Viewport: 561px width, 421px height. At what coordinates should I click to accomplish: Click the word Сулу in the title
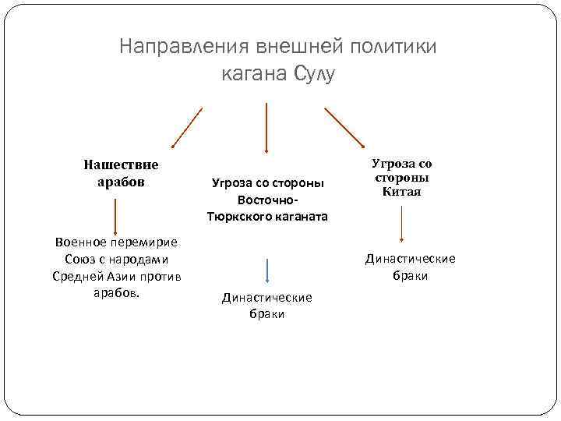tap(314, 75)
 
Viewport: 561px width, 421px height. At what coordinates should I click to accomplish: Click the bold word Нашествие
tap(121, 165)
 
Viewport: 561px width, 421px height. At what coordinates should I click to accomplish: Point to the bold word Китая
tap(402, 192)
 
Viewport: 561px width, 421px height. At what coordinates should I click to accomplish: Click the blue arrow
tap(267, 270)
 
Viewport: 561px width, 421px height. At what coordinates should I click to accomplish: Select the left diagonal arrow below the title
tap(187, 127)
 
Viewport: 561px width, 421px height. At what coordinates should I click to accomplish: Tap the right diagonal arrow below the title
tap(344, 126)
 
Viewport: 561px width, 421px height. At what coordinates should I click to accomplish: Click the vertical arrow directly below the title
tap(267, 127)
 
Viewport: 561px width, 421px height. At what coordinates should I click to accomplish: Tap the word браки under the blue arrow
tap(267, 313)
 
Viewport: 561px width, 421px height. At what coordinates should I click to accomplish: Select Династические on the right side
tap(411, 259)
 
